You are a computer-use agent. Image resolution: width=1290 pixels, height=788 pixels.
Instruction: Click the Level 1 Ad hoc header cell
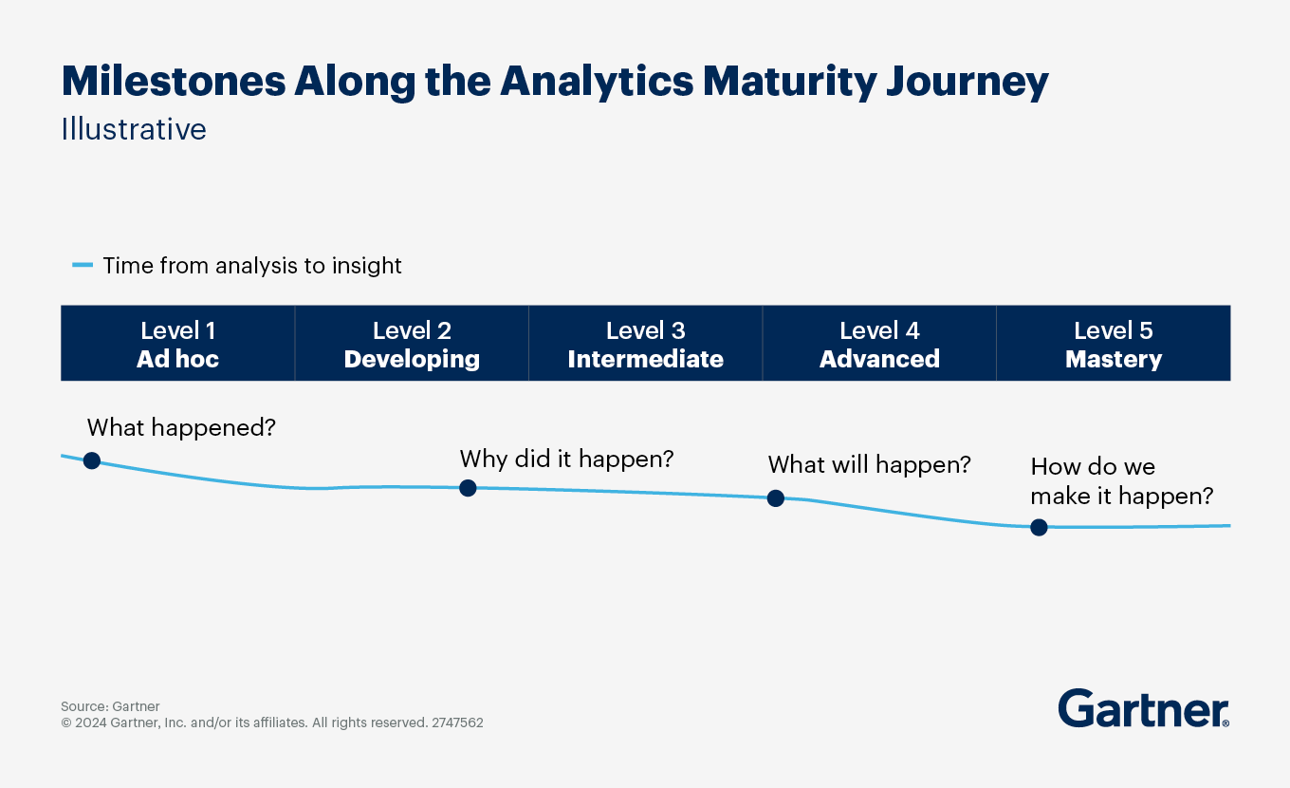[x=178, y=343]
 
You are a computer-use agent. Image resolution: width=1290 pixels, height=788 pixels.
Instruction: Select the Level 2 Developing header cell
[x=412, y=343]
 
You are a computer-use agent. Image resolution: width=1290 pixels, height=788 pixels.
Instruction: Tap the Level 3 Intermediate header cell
[x=646, y=343]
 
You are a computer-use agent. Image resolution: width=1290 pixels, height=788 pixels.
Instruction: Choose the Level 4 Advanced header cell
[x=879, y=343]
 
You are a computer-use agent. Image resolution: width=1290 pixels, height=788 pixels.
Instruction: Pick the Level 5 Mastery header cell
[x=1114, y=343]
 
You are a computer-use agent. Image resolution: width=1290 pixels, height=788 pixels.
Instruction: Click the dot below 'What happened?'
[x=92, y=460]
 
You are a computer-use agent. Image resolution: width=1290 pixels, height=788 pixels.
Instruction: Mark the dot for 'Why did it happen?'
[x=468, y=488]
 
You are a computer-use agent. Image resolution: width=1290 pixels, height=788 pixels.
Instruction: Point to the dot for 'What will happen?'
[x=776, y=498]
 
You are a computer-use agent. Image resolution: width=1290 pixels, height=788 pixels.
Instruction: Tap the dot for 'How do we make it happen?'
[x=1039, y=528]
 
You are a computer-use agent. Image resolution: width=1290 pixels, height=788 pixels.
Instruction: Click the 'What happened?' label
[x=181, y=428]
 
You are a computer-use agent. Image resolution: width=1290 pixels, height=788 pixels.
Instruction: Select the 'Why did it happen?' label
[x=566, y=460]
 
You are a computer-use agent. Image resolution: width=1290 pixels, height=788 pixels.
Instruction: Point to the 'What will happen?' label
[x=870, y=465]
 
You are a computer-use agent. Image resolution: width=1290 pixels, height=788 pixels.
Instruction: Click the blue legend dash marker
[x=83, y=265]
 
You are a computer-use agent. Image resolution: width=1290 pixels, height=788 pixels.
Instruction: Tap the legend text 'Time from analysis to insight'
[x=252, y=266]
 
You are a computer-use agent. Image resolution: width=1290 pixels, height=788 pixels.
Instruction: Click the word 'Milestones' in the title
[x=174, y=81]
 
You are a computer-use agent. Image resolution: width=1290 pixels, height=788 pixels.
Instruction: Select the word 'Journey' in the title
[x=967, y=83]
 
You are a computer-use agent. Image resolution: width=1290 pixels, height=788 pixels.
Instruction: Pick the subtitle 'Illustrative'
[x=134, y=129]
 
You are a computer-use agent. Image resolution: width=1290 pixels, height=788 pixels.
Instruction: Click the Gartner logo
[x=1144, y=708]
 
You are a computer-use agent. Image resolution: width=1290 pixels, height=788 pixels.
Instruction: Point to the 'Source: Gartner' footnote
[x=111, y=706]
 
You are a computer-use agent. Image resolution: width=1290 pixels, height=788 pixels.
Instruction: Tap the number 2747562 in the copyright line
[x=457, y=722]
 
